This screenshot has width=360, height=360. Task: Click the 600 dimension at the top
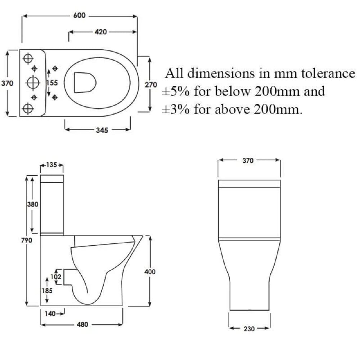click(x=80, y=15)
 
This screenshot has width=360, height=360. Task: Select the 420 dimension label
click(x=101, y=32)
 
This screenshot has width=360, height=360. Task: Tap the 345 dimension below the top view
click(x=102, y=130)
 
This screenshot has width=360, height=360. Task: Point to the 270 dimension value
click(x=151, y=85)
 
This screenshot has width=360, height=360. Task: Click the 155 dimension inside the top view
click(x=52, y=83)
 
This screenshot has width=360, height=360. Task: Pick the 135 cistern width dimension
click(x=52, y=165)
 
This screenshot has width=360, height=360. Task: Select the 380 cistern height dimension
click(x=33, y=204)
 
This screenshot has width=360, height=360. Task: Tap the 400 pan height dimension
click(x=150, y=271)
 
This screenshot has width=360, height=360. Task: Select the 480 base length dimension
click(x=82, y=324)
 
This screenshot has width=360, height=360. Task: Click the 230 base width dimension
click(x=249, y=328)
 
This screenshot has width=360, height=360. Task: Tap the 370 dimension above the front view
click(x=248, y=161)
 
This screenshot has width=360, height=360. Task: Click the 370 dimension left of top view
click(x=7, y=83)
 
